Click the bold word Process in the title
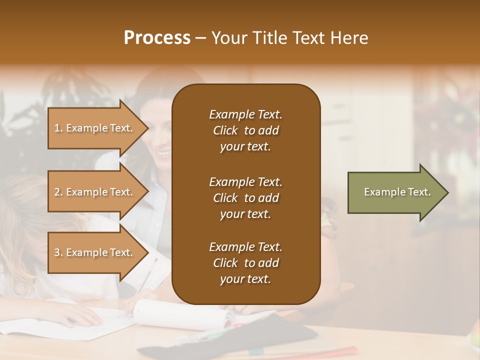tap(157, 38)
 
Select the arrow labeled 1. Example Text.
tap(95, 128)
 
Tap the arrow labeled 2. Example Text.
tap(95, 192)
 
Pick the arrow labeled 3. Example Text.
tap(95, 252)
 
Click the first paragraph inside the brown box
tap(245, 130)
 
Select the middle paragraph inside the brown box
tap(245, 198)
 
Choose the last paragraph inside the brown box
tap(245, 263)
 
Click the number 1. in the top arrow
tap(58, 128)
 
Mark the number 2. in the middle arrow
tap(58, 192)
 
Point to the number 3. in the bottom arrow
tap(58, 252)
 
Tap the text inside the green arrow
tap(397, 192)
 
